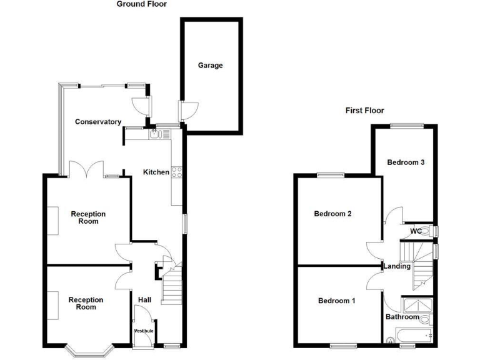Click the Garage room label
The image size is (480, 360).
tap(210, 65)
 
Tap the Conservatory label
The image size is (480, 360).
tap(97, 122)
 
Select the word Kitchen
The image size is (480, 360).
tap(156, 172)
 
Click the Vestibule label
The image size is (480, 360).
tap(144, 331)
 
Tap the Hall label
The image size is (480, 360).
tap(144, 301)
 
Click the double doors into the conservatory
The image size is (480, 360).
tap(86, 169)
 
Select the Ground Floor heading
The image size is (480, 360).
tap(142, 4)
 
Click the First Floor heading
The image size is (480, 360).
tap(365, 111)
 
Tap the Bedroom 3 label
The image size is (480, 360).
tap(406, 162)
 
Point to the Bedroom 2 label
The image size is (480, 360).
tap(332, 214)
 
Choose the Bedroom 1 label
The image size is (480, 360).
tap(336, 301)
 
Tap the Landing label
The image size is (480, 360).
tap(397, 266)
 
